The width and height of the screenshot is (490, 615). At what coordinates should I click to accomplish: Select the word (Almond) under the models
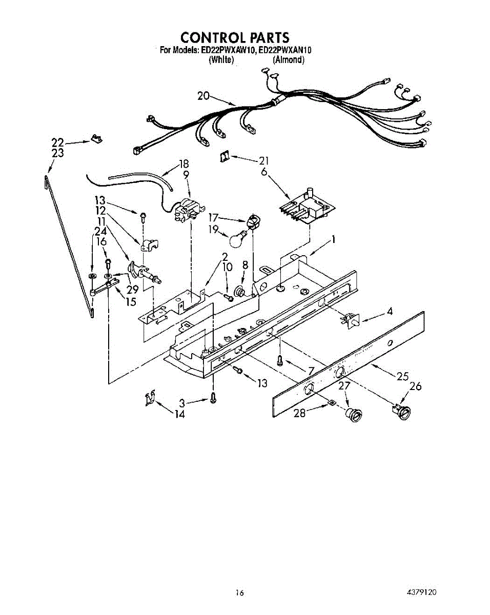point(288,60)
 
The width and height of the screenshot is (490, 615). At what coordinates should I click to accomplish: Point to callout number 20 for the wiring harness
point(203,96)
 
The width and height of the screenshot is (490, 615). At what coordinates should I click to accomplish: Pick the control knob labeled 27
point(352,415)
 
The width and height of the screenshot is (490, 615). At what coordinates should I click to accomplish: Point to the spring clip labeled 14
point(150,398)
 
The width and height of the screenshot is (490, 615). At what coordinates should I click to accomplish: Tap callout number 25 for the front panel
point(402,377)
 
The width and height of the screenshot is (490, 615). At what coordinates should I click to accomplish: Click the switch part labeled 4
point(351,321)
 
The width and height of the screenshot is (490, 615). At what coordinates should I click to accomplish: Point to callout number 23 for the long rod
point(58,153)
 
